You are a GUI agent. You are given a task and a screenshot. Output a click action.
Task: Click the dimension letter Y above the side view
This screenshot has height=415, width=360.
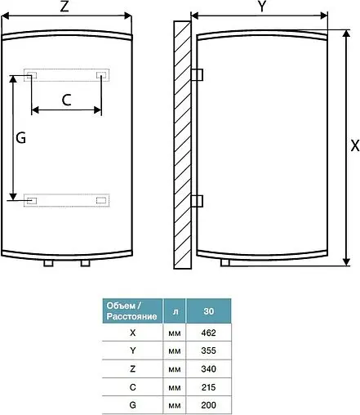(262, 7)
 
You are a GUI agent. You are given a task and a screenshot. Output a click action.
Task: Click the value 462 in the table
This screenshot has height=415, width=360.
(208, 334)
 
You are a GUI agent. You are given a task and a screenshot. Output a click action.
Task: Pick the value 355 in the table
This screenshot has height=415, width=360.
(208, 351)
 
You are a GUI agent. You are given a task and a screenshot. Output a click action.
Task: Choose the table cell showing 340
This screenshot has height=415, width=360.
(208, 368)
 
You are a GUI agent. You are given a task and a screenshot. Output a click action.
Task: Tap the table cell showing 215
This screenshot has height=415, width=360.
(208, 386)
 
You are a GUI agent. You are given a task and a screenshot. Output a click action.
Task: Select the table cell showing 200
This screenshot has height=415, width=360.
(208, 403)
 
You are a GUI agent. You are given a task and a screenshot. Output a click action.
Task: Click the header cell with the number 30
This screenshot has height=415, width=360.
(208, 311)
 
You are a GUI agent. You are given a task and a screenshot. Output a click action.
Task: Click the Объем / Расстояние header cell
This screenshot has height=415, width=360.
(132, 311)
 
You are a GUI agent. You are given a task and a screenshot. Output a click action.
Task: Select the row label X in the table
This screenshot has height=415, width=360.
(132, 334)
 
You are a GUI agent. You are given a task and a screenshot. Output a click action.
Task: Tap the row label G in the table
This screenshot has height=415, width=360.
(132, 403)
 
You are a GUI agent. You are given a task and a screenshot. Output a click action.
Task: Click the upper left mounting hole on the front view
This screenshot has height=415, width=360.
(31, 76)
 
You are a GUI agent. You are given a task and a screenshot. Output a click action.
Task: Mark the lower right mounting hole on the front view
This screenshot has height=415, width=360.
(101, 199)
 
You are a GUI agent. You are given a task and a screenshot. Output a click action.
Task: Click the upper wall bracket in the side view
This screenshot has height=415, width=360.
(196, 74)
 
